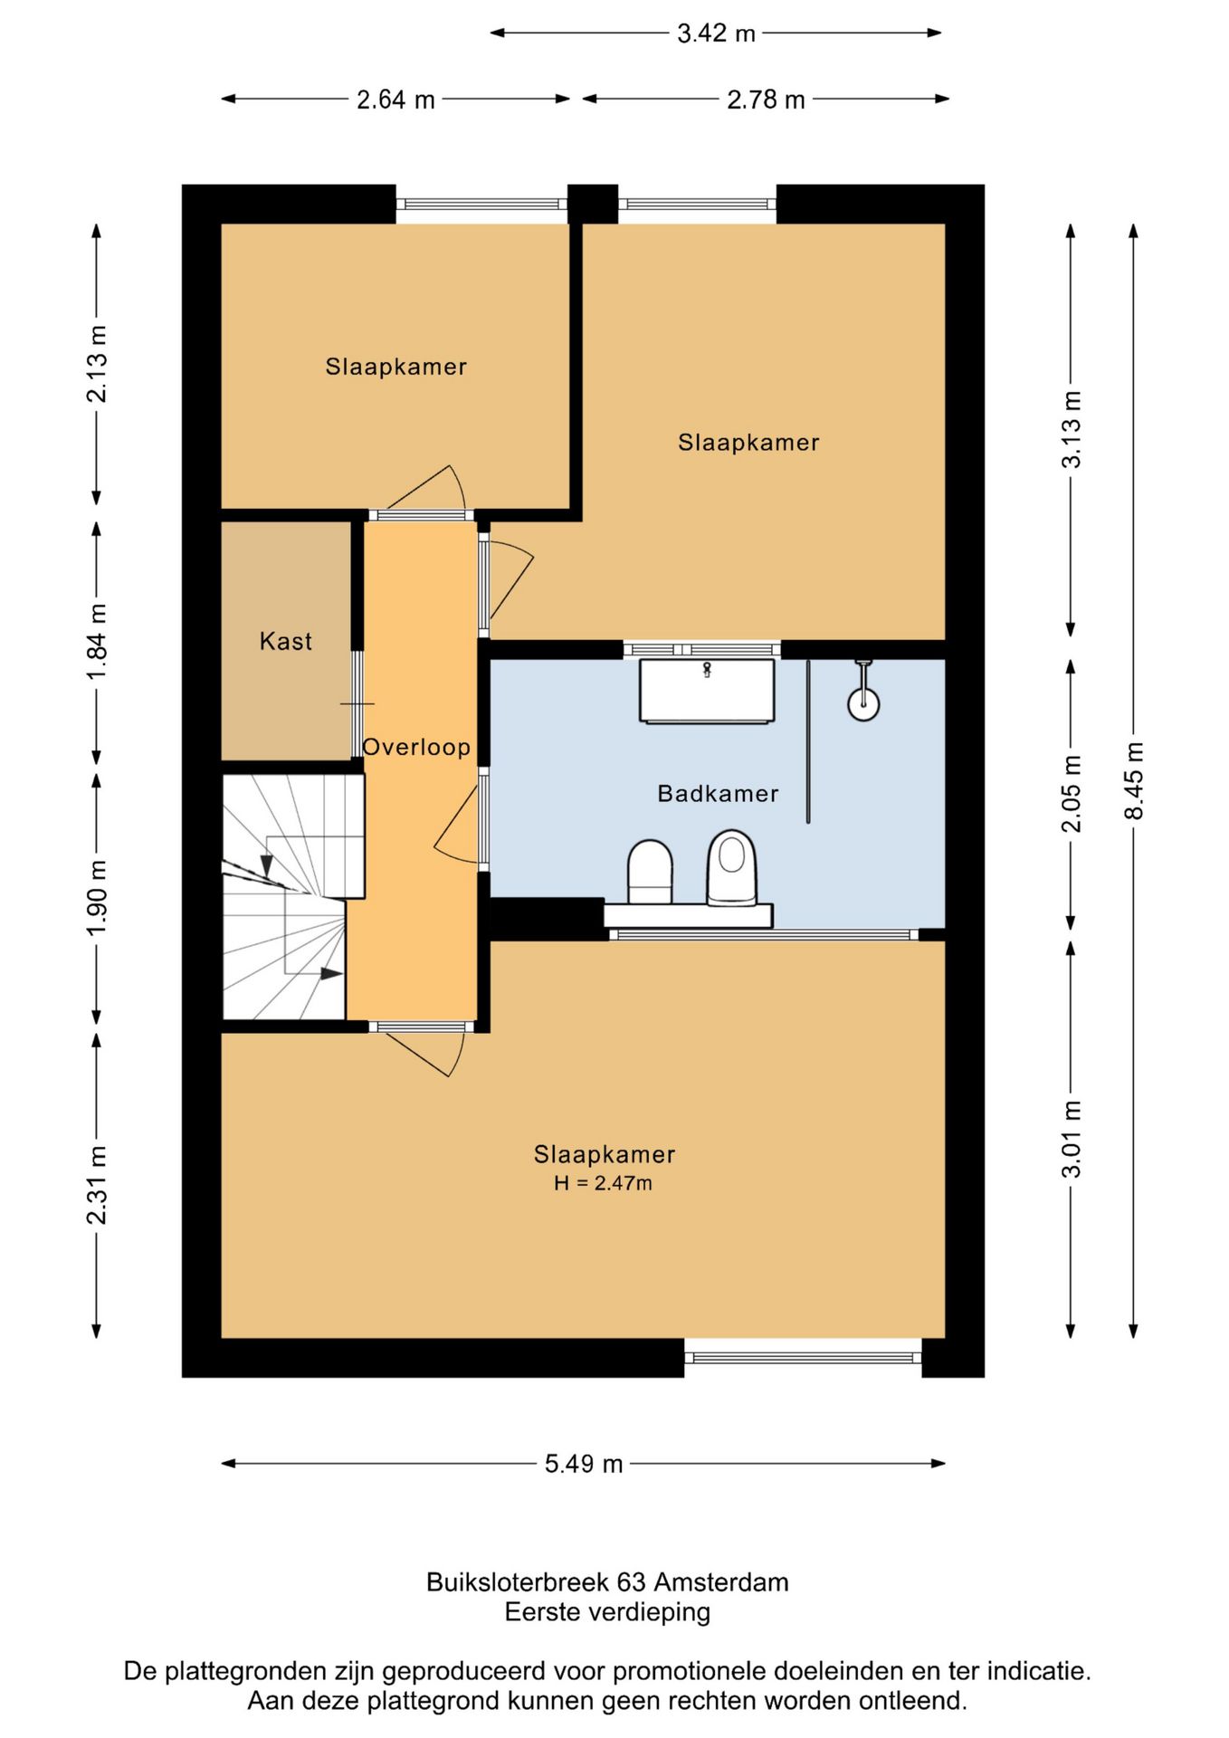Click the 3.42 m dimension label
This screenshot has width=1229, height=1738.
click(x=716, y=33)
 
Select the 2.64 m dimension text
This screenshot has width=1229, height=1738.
click(x=395, y=100)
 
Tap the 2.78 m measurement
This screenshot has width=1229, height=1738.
click(x=766, y=100)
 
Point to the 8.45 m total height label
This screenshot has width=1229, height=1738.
click(x=1134, y=780)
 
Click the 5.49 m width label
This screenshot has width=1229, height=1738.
click(x=584, y=1464)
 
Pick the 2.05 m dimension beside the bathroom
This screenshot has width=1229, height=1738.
click(x=1072, y=793)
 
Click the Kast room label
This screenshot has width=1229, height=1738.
click(x=286, y=641)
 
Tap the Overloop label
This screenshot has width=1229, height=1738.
click(x=416, y=747)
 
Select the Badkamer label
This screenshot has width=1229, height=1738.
click(x=718, y=794)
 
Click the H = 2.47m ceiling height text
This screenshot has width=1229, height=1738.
click(x=603, y=1183)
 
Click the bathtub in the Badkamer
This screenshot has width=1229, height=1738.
click(x=707, y=692)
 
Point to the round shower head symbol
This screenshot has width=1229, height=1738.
click(x=863, y=702)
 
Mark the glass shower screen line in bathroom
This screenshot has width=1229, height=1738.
click(x=808, y=741)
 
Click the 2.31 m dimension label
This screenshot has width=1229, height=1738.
click(x=97, y=1185)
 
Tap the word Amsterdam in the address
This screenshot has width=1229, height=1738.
click(x=721, y=1582)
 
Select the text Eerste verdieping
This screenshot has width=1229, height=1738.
click(x=607, y=1612)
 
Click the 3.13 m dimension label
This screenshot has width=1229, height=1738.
click(x=1072, y=429)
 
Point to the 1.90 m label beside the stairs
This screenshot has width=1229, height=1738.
click(x=97, y=897)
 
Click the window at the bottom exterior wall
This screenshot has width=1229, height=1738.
click(x=803, y=1358)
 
